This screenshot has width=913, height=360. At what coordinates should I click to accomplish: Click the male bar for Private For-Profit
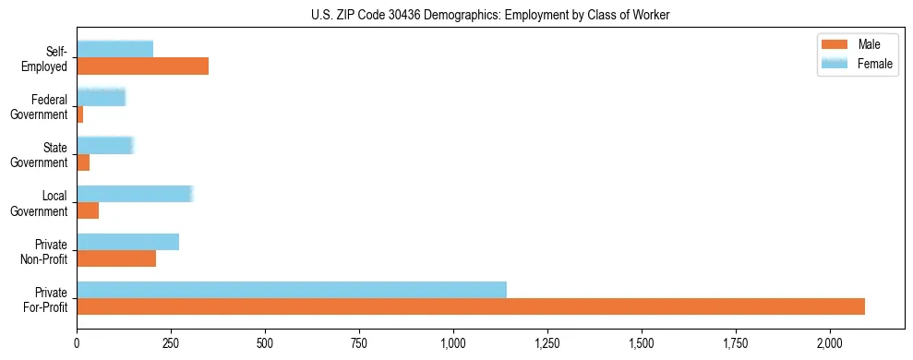tap(471, 306)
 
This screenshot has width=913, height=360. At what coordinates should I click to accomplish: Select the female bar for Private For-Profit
tap(292, 290)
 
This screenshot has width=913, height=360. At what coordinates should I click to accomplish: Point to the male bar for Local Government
tap(88, 210)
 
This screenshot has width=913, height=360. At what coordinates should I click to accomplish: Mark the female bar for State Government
tap(105, 145)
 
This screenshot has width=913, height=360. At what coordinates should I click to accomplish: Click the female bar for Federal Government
tap(101, 97)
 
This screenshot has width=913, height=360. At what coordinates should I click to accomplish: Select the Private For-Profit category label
tap(45, 299)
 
